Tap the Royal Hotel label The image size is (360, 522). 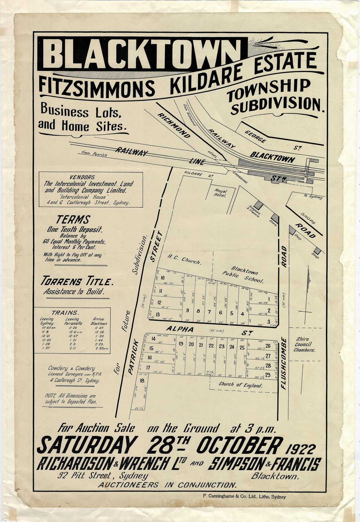point(220,193)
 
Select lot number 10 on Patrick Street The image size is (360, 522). point(162,278)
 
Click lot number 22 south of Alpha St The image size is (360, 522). point(211,346)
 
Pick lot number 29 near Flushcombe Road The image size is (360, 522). point(267,375)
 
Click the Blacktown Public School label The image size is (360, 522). point(247,275)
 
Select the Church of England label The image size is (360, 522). point(240,384)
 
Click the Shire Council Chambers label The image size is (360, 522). point(304,344)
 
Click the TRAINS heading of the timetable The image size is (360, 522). point(65,312)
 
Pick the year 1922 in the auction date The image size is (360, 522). point(301,449)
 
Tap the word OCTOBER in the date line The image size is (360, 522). point(238,446)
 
